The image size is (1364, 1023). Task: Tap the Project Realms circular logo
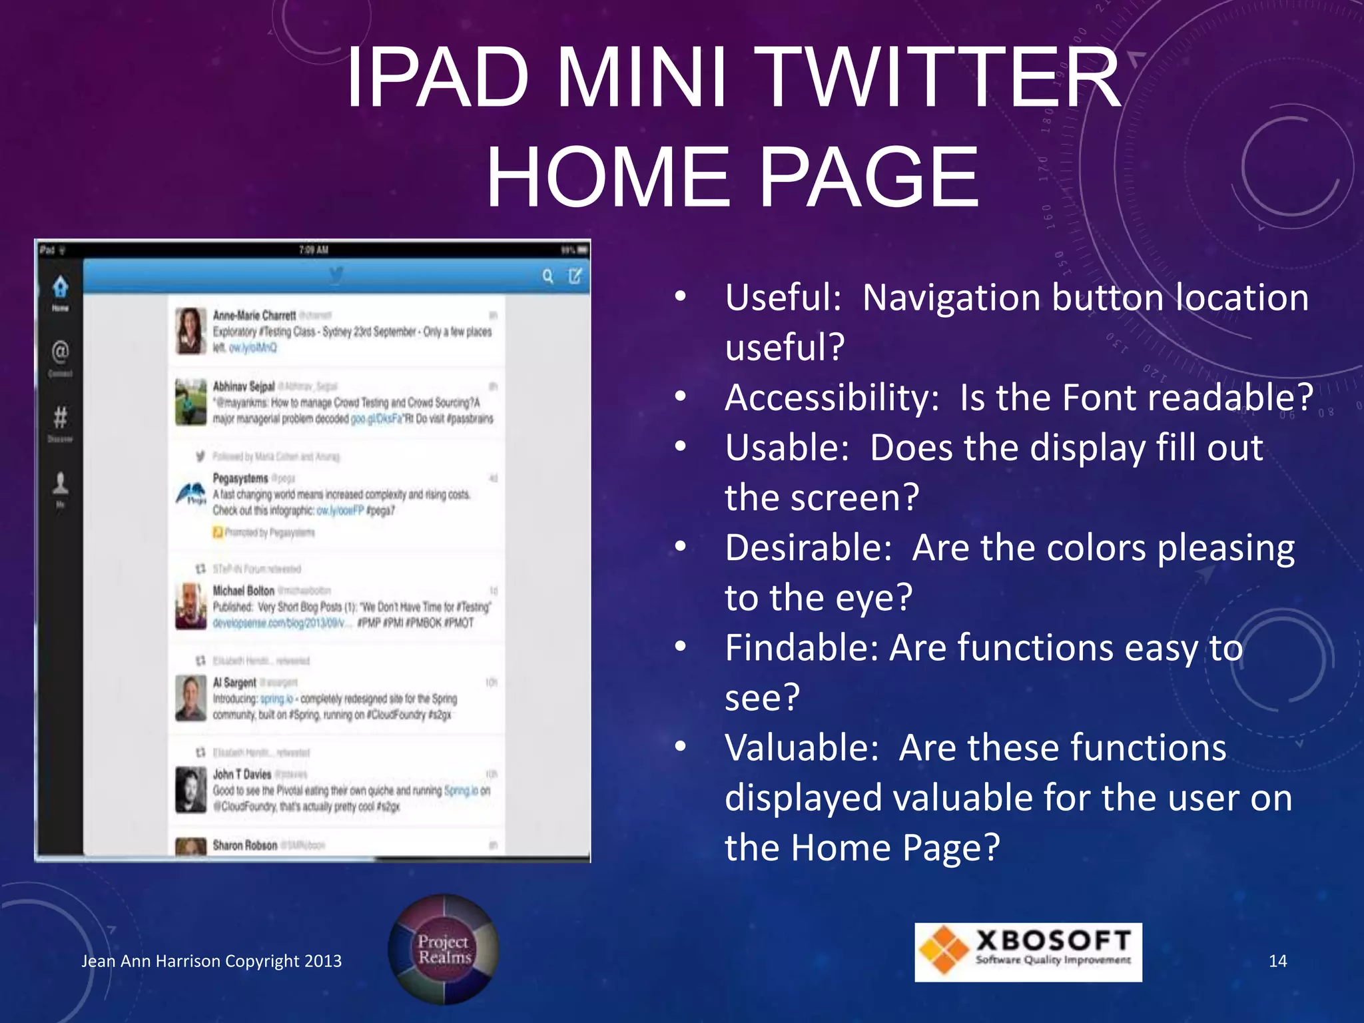pyautogui.click(x=444, y=950)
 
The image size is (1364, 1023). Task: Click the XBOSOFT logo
pyautogui.click(x=1028, y=952)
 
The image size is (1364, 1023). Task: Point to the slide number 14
pyautogui.click(x=1277, y=961)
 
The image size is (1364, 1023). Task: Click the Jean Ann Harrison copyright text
pyautogui.click(x=211, y=961)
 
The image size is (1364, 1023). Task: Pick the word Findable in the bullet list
pyautogui.click(x=801, y=647)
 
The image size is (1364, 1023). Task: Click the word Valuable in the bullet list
pyautogui.click(x=802, y=747)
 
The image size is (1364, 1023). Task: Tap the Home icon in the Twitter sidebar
pyautogui.click(x=61, y=288)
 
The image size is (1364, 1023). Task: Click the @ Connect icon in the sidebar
pyautogui.click(x=60, y=352)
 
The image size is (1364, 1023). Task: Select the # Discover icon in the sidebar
pyautogui.click(x=60, y=418)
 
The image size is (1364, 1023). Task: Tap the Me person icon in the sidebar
pyautogui.click(x=60, y=483)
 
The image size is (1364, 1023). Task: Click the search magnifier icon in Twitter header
pyautogui.click(x=547, y=276)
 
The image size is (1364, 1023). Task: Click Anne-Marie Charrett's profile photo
pyautogui.click(x=190, y=330)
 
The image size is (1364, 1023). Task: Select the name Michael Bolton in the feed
pyautogui.click(x=243, y=591)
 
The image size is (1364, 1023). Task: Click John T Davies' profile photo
pyautogui.click(x=190, y=789)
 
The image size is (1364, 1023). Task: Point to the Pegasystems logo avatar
pyautogui.click(x=190, y=494)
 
